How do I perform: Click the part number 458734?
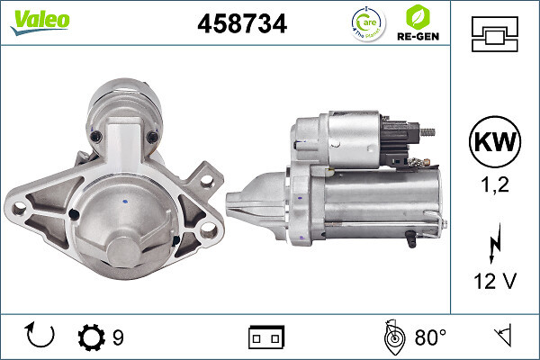241,24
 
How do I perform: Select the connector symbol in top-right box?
495,35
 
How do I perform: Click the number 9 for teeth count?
118,337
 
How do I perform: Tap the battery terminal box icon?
266,337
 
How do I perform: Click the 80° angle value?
430,337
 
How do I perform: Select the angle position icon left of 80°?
392,337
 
